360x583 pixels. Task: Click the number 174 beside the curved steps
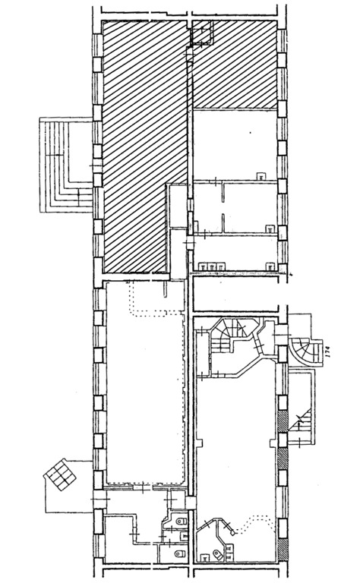pos(328,351)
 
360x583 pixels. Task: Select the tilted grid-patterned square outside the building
pos(60,474)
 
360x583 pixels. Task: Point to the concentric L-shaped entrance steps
pos(66,165)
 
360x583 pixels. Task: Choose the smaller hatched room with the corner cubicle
pos(235,65)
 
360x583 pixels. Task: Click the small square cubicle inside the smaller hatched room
pos(201,33)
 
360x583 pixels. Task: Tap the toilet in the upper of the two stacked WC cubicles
pos(181,522)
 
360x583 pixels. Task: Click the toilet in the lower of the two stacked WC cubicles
pos(180,554)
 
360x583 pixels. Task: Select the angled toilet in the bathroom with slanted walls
pos(217,555)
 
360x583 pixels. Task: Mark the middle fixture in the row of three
pos(212,266)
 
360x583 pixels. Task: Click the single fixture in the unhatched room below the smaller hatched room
pos(261,176)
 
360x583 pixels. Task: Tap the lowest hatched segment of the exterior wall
pos(283,550)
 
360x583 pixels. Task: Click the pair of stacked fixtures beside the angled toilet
pos(229,553)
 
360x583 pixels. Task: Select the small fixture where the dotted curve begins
pos(232,533)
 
